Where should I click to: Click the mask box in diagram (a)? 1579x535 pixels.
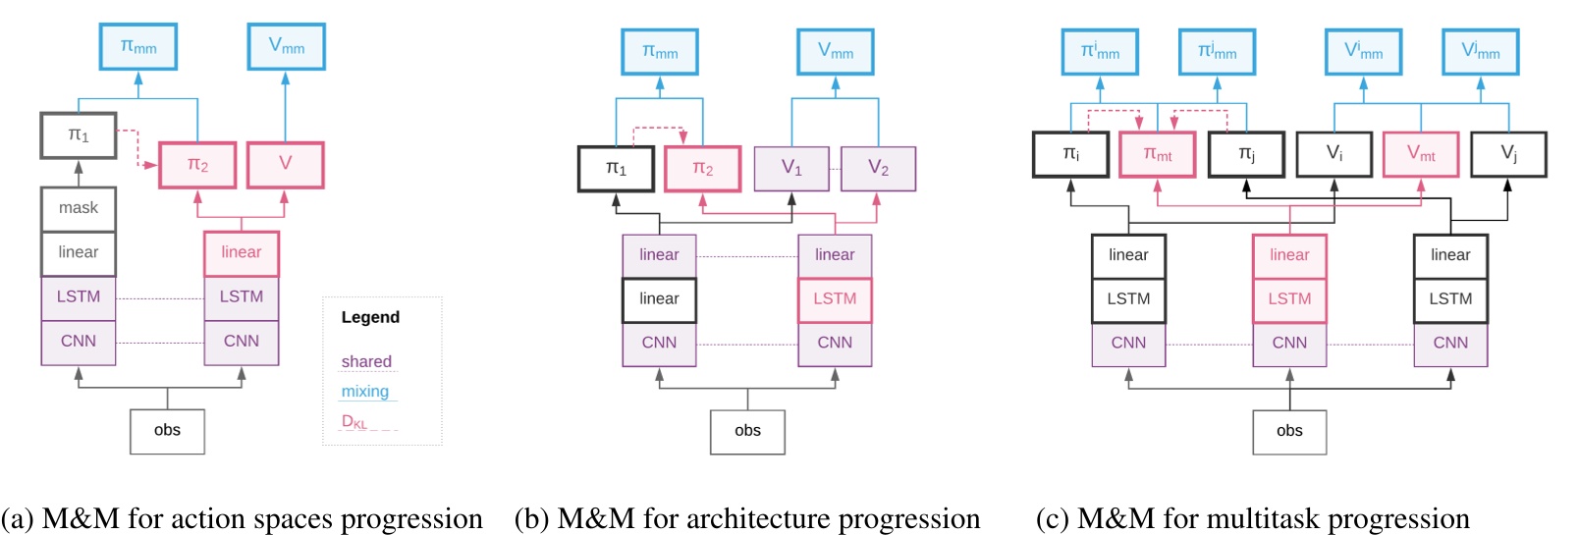[79, 208]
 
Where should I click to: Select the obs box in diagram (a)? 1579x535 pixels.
[167, 431]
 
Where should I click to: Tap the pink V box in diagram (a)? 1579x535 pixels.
[285, 164]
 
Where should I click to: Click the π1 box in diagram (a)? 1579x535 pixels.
[79, 135]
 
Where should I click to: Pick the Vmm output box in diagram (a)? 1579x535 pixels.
[286, 46]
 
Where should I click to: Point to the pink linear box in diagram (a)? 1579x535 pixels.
[241, 253]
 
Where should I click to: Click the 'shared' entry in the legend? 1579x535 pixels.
[366, 361]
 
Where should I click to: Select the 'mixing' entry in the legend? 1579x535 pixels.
[364, 391]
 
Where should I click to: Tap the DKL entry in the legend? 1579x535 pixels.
[354, 421]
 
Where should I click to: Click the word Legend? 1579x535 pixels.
[370, 317]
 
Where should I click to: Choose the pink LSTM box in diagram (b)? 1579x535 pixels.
[835, 299]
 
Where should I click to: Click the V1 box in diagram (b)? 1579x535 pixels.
[791, 169]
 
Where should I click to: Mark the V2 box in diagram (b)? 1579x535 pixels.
[878, 169]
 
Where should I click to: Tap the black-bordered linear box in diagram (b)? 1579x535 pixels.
[659, 299]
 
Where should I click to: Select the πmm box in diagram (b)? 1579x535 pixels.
[660, 51]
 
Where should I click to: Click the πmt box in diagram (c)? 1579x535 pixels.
[1158, 154]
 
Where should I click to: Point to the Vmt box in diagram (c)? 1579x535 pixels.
[1421, 154]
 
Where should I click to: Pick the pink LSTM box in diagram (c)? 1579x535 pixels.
[1289, 299]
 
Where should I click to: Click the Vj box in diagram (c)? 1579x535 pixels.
[1508, 154]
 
